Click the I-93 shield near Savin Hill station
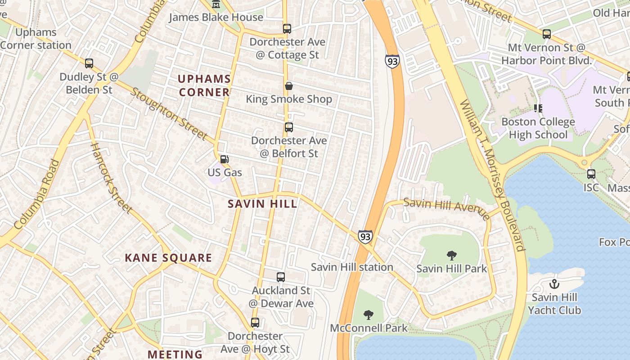(x=365, y=236)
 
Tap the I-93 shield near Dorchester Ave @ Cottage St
(x=392, y=61)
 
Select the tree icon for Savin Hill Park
(x=451, y=256)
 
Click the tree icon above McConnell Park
(x=369, y=315)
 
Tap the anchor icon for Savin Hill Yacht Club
(x=554, y=284)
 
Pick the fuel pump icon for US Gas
(x=224, y=159)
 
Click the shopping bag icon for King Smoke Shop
(x=288, y=85)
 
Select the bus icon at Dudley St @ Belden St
(x=89, y=63)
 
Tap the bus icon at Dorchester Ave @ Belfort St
(x=288, y=127)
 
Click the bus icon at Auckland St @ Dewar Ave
(x=281, y=277)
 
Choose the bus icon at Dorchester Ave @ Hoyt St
(x=255, y=323)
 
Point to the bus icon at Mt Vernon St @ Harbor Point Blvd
(x=546, y=34)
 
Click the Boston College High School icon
(x=537, y=108)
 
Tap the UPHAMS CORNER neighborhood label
(x=204, y=85)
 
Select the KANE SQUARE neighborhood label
(x=168, y=258)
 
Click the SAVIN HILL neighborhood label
(x=262, y=204)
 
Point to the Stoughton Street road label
(x=169, y=114)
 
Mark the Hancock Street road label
(x=111, y=178)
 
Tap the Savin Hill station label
(x=352, y=267)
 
